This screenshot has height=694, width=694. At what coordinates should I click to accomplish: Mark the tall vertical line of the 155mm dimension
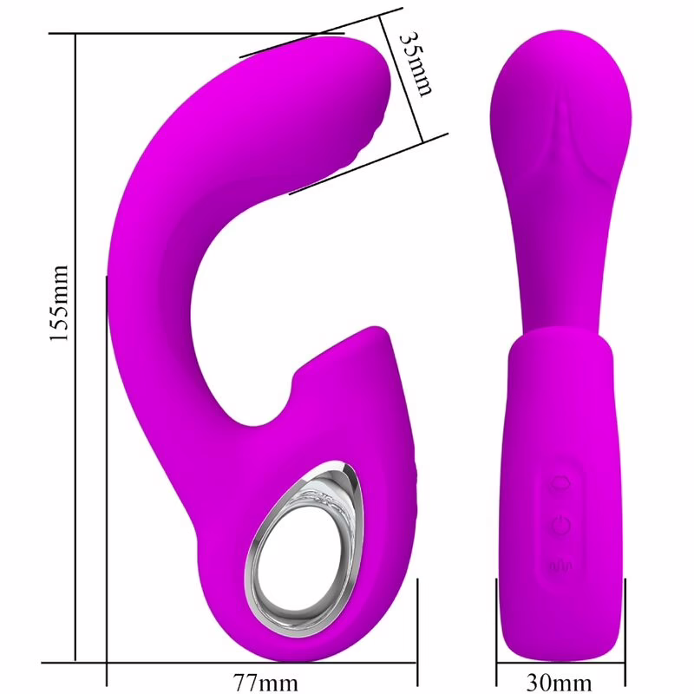[x=76, y=347]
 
